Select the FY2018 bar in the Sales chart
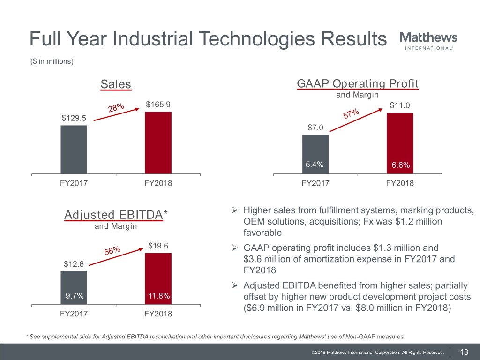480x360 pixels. (x=158, y=142)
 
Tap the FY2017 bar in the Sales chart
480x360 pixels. (x=74, y=150)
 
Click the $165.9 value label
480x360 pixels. (x=158, y=105)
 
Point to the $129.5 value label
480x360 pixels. (x=74, y=118)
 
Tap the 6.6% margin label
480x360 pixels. (x=400, y=165)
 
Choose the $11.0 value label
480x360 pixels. (x=400, y=106)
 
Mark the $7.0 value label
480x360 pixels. (x=315, y=127)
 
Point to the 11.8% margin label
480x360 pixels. (x=158, y=296)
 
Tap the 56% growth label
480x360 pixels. (x=112, y=251)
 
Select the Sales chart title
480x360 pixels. (x=116, y=84)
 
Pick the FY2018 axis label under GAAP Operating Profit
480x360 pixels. (x=400, y=183)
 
